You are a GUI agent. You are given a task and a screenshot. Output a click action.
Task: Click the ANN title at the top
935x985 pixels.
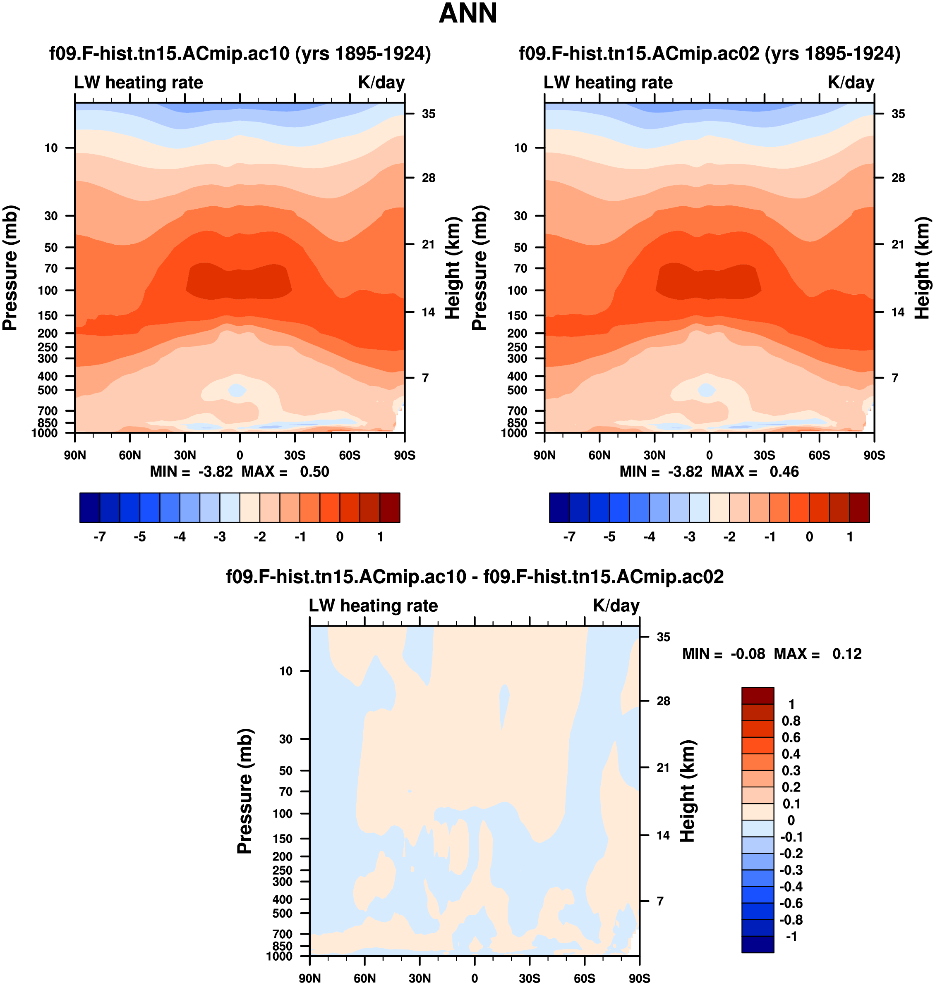[x=467, y=14]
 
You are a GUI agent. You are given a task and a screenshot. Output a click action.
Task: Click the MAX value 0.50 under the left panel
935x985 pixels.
[x=314, y=472]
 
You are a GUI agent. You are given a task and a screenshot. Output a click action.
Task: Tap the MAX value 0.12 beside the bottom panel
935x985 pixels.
[x=846, y=653]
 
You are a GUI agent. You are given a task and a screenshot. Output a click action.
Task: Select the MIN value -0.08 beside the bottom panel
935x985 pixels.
[x=747, y=653]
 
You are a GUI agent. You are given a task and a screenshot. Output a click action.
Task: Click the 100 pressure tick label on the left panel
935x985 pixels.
[x=48, y=290]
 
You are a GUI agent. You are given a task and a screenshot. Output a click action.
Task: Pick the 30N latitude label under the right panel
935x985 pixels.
[x=654, y=455]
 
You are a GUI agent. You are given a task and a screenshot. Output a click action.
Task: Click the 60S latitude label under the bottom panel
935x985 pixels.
[x=584, y=978]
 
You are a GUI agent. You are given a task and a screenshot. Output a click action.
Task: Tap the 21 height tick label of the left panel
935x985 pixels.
[x=428, y=244]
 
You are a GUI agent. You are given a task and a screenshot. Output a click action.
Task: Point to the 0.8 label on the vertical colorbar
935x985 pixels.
[x=791, y=720]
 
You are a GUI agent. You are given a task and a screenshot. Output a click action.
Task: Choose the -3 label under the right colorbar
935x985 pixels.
[x=689, y=537]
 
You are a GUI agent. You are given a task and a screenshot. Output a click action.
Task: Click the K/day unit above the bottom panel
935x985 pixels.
[x=616, y=606]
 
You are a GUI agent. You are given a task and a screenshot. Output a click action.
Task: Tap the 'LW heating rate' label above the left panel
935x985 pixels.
[x=139, y=82]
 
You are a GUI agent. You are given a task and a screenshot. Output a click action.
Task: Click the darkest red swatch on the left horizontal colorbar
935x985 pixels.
[x=390, y=508]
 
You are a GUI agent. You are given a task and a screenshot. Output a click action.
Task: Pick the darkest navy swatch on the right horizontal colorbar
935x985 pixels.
[x=559, y=508]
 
